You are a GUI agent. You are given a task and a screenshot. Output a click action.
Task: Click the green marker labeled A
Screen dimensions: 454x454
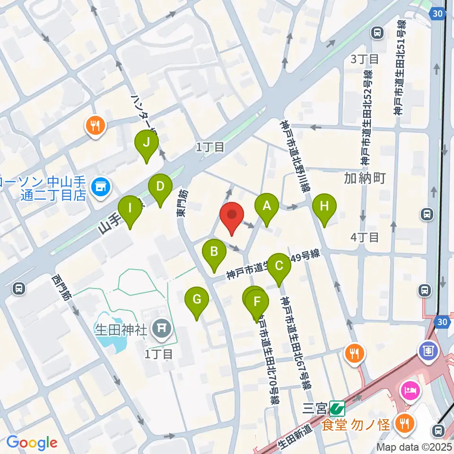click(267, 206)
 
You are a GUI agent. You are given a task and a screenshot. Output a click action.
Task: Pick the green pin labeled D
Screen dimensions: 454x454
click(160, 186)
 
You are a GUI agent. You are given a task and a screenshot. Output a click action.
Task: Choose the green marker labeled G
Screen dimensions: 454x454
click(197, 300)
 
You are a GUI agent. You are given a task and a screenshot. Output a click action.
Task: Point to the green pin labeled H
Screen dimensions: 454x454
click(324, 206)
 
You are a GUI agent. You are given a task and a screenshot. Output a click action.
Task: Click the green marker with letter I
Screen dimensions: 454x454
click(130, 208)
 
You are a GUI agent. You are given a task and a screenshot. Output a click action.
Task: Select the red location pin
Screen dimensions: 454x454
click(232, 215)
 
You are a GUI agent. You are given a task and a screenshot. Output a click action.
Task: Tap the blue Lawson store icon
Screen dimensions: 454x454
click(100, 186)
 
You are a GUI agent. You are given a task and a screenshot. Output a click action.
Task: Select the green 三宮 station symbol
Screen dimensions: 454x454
click(337, 407)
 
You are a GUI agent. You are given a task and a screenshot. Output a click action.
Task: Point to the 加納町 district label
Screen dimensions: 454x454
click(365, 178)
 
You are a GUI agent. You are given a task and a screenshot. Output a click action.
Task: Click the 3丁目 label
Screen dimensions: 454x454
click(365, 59)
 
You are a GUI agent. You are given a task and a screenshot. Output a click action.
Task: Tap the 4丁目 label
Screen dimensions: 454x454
click(365, 237)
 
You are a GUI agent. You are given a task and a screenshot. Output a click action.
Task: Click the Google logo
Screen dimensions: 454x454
click(32, 442)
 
